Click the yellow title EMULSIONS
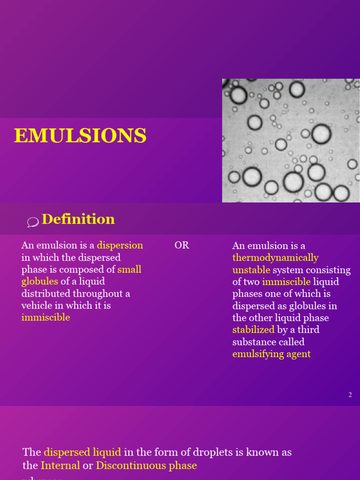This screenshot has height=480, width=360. (x=80, y=136)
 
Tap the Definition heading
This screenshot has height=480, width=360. (x=78, y=219)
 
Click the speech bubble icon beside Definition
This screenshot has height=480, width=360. (x=33, y=222)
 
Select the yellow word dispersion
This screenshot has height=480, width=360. (x=120, y=246)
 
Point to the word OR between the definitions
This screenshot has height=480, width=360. (x=182, y=246)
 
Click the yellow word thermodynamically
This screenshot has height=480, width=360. (x=275, y=258)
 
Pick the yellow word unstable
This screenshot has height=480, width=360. (x=251, y=270)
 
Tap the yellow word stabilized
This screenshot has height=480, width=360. (x=253, y=330)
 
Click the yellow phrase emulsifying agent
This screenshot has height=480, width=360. (x=271, y=354)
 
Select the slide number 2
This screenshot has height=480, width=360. (x=350, y=395)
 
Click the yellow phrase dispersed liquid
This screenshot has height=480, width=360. (x=82, y=452)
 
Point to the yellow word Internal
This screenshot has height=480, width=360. (x=60, y=465)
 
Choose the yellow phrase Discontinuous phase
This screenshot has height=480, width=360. (x=146, y=465)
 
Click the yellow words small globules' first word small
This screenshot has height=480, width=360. (x=129, y=270)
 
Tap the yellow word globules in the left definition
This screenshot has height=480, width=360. (x=40, y=282)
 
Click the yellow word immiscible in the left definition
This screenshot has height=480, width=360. (x=45, y=317)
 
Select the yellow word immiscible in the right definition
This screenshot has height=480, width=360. (x=286, y=282)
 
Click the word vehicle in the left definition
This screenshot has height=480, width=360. (x=36, y=306)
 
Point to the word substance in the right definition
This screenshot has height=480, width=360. (x=253, y=342)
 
